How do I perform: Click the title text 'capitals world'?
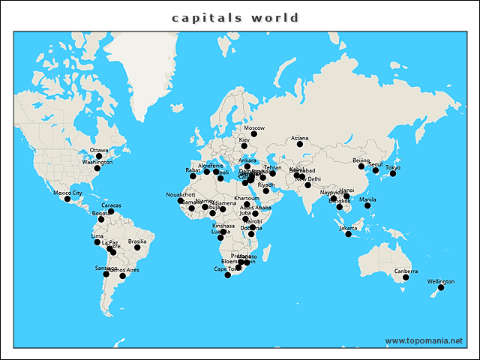(x=235, y=18)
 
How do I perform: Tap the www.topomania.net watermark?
(x=423, y=340)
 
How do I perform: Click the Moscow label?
(x=254, y=128)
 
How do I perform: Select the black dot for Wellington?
(x=441, y=288)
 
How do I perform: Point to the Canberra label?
(x=406, y=271)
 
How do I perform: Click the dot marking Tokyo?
(x=393, y=174)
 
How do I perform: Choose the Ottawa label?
(x=98, y=150)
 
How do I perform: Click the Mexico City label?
(x=67, y=193)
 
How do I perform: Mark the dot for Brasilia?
(x=137, y=247)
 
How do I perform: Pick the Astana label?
(x=299, y=138)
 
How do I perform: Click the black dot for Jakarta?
(x=348, y=235)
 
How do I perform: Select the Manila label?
(x=367, y=199)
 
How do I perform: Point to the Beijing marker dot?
(x=361, y=166)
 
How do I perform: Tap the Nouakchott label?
(x=180, y=194)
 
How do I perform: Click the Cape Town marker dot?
(x=228, y=275)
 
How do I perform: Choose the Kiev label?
(x=244, y=140)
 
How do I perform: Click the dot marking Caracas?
(x=110, y=211)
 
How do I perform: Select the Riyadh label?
(x=266, y=184)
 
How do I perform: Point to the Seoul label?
(x=376, y=163)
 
